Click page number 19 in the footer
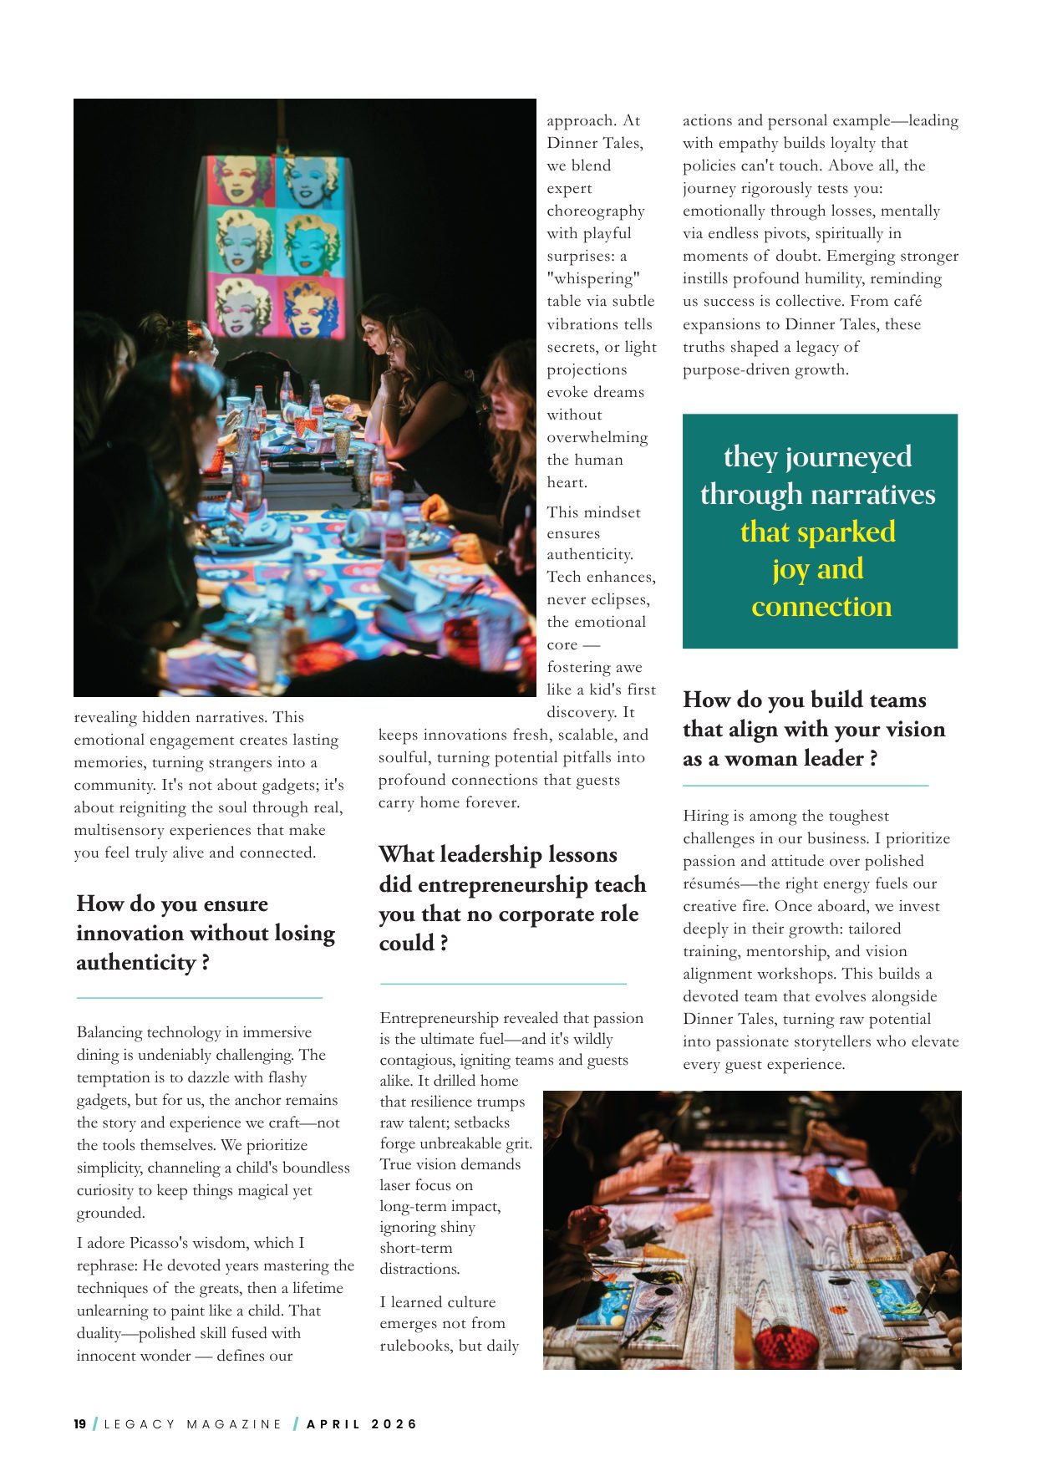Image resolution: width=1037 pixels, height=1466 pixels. pos(80,1424)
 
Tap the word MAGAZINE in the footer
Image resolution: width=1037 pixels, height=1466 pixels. pos(235,1424)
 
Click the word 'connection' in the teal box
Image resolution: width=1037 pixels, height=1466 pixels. pos(821,607)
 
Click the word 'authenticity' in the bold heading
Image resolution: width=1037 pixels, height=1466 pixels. pos(135,963)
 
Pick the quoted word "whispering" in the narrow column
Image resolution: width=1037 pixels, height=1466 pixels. pos(593,278)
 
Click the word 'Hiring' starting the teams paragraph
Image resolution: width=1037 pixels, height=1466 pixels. pos(704,816)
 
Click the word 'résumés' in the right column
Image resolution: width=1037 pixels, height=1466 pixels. pos(710,883)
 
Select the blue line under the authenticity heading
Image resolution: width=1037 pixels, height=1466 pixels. pos(199,997)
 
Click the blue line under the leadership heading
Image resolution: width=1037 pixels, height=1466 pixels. pos(502,984)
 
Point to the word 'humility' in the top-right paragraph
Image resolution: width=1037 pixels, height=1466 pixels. pos(839,278)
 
